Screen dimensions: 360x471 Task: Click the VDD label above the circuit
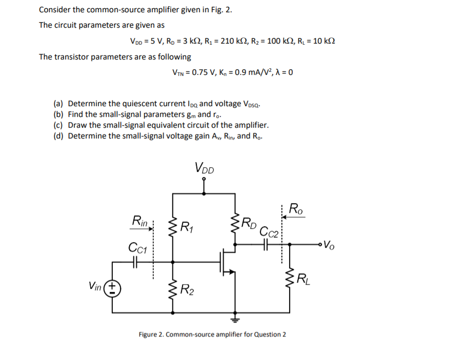(x=205, y=167)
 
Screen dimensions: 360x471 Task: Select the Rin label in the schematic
(x=139, y=221)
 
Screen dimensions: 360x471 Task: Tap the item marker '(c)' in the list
(x=59, y=125)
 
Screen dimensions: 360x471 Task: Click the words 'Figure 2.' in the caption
(x=152, y=334)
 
